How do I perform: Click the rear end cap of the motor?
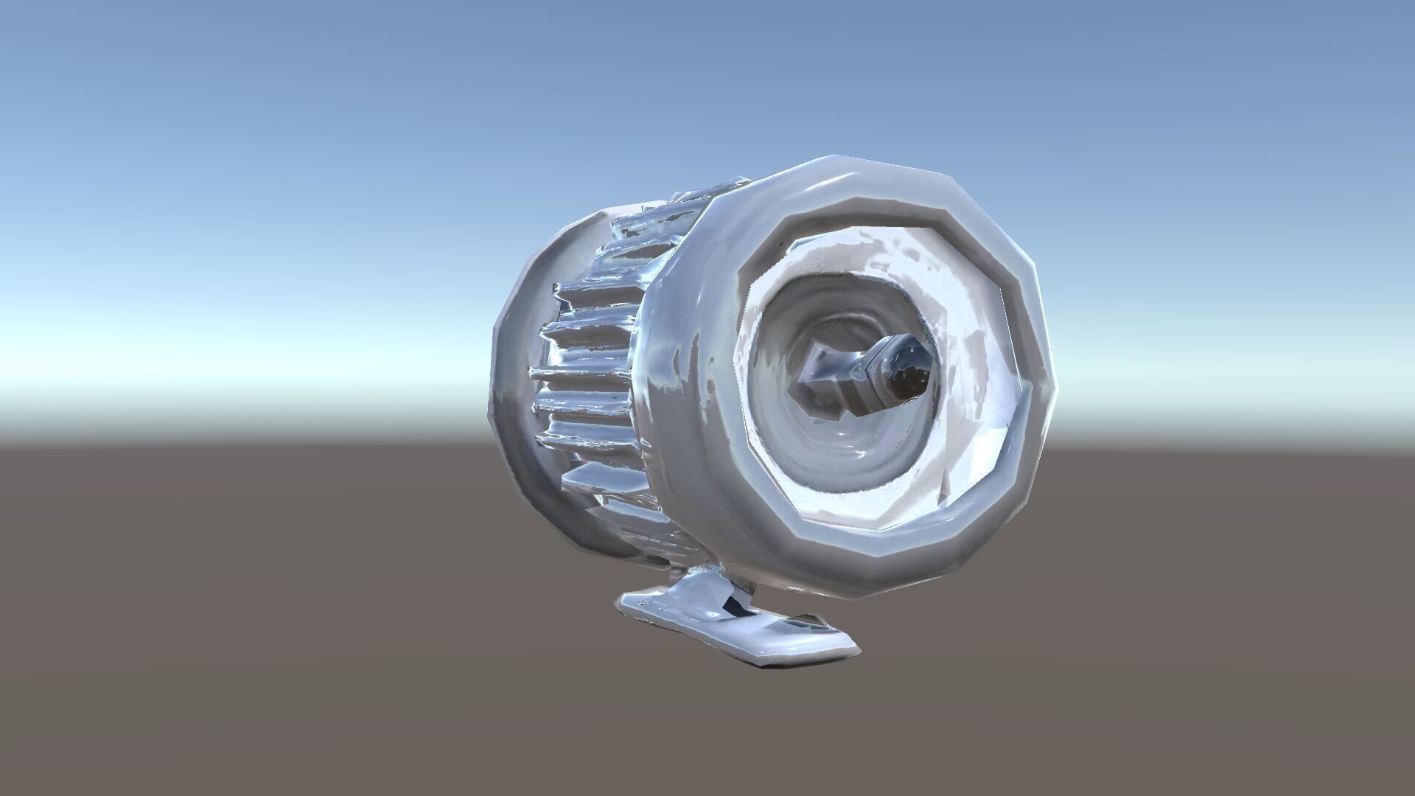click(509, 413)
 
